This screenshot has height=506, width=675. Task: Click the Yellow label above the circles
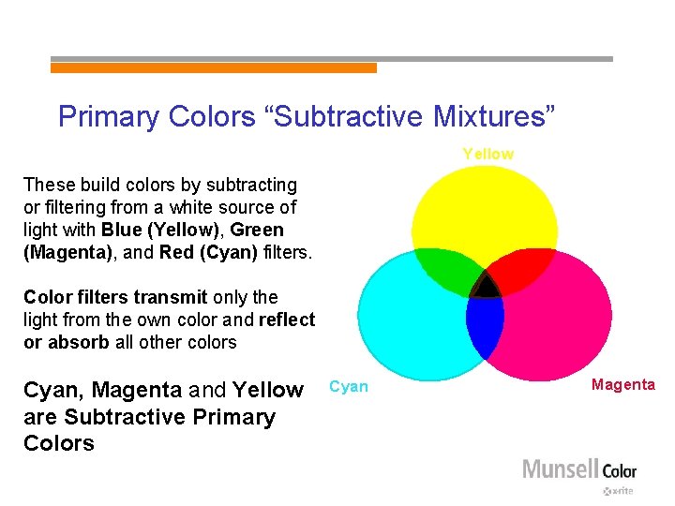click(487, 154)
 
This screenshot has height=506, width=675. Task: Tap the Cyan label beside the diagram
click(349, 387)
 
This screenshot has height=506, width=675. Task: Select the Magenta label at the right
click(623, 385)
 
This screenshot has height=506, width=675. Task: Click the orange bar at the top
click(213, 67)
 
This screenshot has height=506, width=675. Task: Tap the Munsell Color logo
click(578, 469)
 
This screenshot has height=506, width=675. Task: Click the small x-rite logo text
click(619, 491)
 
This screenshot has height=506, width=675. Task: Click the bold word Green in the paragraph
click(257, 230)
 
